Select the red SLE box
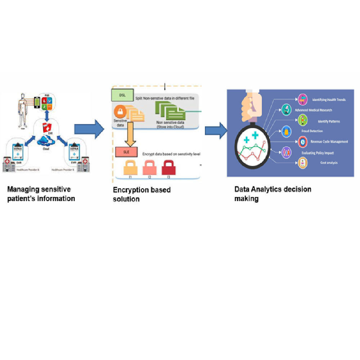tap(126, 152)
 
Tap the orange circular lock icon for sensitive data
tap(120, 111)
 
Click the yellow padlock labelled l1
tap(131, 168)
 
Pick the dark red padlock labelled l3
tap(168, 168)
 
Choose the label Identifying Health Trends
tap(329, 100)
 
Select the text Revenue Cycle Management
tap(329, 141)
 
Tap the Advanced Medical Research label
tap(313, 110)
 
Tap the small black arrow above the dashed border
tap(165, 87)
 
